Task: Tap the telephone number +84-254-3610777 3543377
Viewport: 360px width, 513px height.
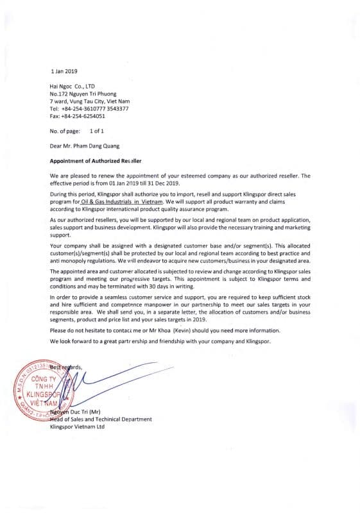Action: click(95, 108)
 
